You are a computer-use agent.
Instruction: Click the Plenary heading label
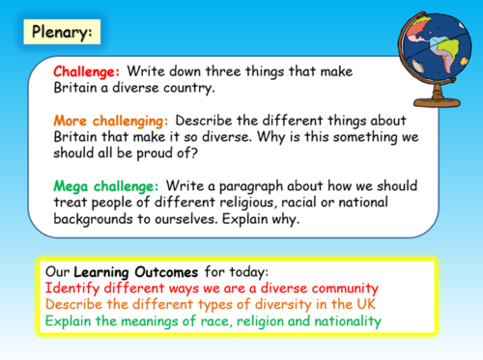60,32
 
